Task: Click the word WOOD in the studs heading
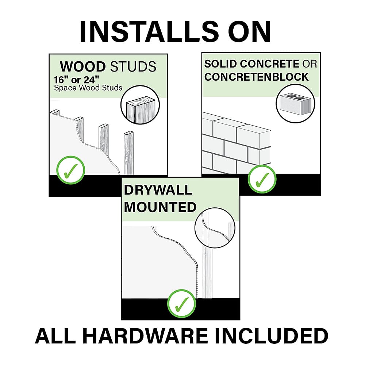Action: (x=83, y=66)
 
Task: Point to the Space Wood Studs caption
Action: (x=88, y=88)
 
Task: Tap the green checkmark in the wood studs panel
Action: (x=71, y=170)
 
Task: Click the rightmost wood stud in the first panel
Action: (x=128, y=153)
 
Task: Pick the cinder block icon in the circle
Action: (x=295, y=104)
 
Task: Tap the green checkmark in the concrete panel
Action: (x=262, y=179)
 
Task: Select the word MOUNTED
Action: (x=160, y=207)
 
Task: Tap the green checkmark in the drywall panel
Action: (x=182, y=303)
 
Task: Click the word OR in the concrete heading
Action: (x=310, y=64)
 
